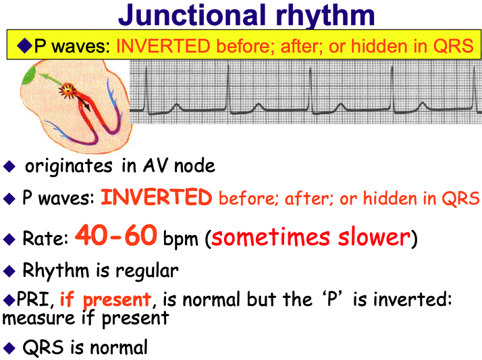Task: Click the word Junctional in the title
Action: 192,16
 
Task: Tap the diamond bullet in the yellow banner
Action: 24,45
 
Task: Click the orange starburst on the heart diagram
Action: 67,90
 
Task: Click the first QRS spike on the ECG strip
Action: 146,90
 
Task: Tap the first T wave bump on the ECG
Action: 176,107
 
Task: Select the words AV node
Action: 179,166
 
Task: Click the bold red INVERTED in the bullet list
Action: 157,197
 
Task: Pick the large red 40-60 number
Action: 116,235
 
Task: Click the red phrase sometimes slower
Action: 311,237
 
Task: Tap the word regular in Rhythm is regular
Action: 147,272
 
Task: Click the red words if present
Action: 105,299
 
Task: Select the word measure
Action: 38,318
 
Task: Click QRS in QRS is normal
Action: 43,348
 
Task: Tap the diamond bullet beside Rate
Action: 9,239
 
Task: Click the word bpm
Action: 180,239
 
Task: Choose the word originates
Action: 69,166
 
